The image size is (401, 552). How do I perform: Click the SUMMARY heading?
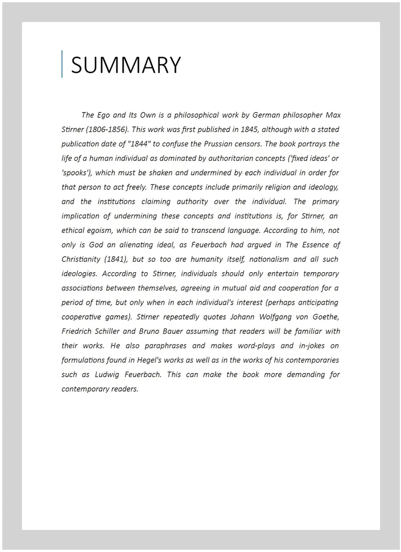tap(126, 65)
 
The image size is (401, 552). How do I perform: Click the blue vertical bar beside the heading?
tap(62, 64)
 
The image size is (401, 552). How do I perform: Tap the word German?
tap(266, 115)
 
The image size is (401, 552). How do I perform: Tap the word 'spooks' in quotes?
tap(78, 173)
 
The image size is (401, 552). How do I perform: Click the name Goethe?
tap(325, 317)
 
